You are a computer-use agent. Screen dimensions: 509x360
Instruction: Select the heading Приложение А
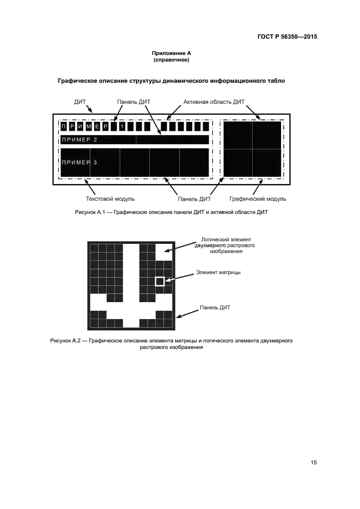pos(171,53)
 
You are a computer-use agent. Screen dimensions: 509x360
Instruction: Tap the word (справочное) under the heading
pos(171,59)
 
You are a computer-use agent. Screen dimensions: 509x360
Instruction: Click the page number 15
pos(314,463)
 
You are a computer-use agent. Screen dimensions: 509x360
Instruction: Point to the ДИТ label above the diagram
pos(80,102)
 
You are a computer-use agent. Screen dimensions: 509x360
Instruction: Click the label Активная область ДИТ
pos(215,102)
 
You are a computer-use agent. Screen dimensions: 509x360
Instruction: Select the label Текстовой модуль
pos(111,199)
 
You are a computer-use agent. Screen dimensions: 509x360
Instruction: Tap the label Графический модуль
pos(258,199)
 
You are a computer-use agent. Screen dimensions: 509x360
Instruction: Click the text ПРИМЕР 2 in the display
pos(80,140)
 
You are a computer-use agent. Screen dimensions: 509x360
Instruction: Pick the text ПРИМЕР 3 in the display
pos(80,163)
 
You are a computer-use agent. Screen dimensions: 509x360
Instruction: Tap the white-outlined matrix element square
pos(160,281)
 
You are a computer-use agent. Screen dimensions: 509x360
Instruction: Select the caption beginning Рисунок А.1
pos(171,212)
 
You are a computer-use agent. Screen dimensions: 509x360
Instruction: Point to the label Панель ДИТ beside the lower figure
pos(216,308)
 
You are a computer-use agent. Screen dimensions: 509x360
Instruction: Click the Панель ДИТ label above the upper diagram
pos(134,102)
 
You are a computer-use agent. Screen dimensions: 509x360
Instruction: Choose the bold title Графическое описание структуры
pos(171,81)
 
